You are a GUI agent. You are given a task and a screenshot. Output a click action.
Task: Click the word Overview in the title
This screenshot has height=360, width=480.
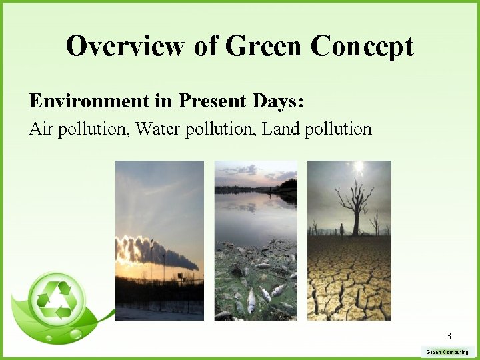pos(124,46)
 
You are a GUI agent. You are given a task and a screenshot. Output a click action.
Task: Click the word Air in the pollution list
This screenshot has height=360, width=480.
pos(41,129)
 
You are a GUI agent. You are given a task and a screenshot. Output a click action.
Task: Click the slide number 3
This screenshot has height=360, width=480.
pos(449,336)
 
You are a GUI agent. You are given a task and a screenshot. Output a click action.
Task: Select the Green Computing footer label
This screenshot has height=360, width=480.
pos(447,352)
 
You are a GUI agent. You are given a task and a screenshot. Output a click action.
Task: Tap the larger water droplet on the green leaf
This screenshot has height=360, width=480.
pos(76,332)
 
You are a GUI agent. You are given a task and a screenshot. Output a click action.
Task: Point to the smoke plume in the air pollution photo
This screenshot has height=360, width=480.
pos(153,254)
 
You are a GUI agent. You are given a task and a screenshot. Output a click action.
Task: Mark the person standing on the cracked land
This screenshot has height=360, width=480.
pos(342,229)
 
